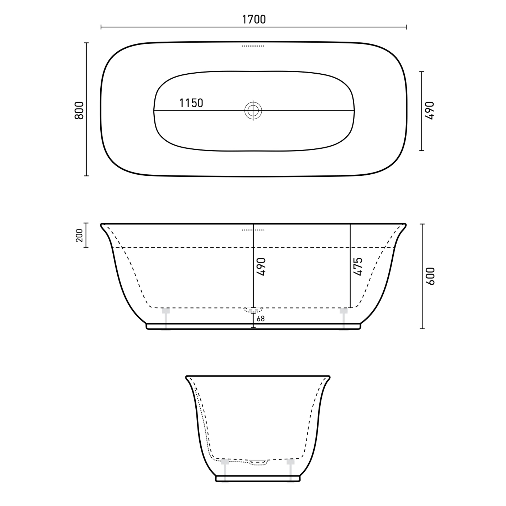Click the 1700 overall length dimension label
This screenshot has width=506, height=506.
point(253,20)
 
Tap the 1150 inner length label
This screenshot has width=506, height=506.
point(191,103)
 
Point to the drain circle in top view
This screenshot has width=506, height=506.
point(253,111)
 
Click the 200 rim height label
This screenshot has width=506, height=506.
point(79,235)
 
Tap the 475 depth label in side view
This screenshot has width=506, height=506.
point(358,267)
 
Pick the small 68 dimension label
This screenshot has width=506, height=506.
point(261,319)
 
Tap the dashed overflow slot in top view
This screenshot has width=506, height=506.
point(253,46)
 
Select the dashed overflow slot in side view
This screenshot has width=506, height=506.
point(253,230)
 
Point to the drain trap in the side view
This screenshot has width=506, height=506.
point(253,311)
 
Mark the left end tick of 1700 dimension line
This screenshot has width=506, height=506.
point(101,27)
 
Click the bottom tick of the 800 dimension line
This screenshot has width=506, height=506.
point(86,176)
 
